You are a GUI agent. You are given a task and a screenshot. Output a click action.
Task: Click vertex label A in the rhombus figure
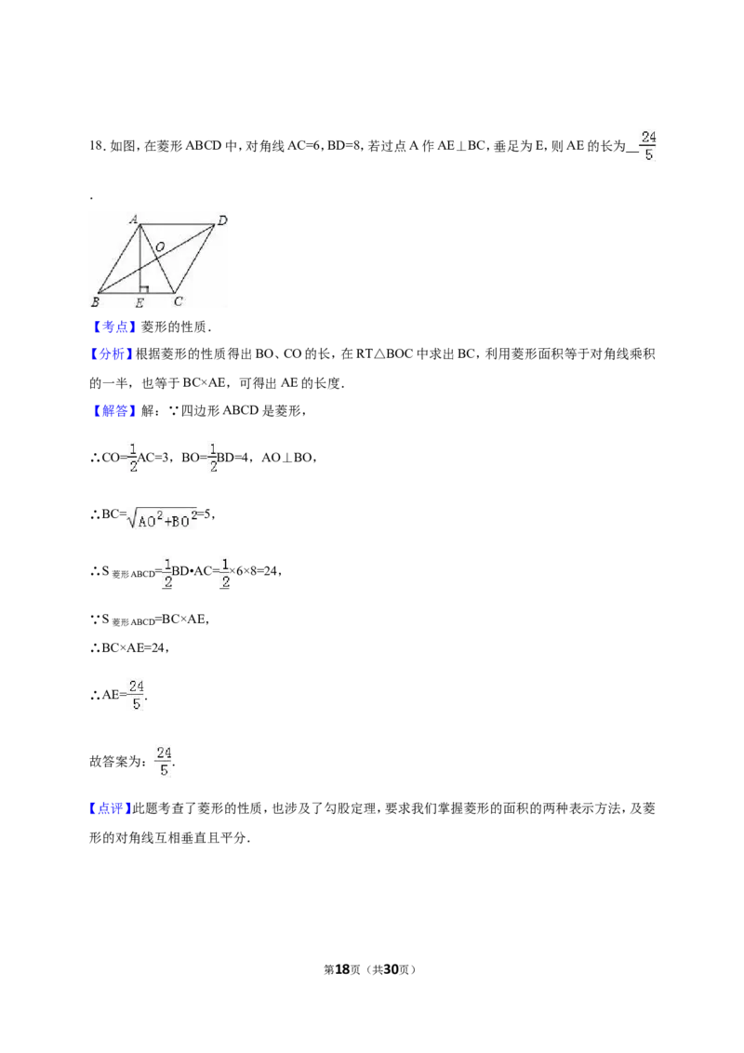pos(134,219)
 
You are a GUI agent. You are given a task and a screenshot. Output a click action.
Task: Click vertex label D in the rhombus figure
pos(222,220)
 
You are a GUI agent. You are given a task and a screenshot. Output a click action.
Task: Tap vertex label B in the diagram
pos(96,301)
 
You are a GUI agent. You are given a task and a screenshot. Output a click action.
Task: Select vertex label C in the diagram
pos(179,301)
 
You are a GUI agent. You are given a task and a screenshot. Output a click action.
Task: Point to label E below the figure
pos(139,303)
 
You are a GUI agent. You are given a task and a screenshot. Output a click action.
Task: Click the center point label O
pos(160,247)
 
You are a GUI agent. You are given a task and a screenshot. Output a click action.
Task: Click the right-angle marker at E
pos(144,289)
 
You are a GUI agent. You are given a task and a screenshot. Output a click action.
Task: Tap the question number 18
pos(96,146)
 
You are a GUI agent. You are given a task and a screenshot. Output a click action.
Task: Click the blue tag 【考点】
pos(113,327)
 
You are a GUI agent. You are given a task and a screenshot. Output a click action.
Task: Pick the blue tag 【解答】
pos(113,410)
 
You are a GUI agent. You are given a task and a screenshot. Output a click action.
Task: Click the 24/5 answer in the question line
pos(648,146)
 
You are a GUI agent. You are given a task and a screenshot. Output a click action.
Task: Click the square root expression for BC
pos(161,517)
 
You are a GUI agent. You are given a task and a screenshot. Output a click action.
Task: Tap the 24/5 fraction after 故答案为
pos(164,762)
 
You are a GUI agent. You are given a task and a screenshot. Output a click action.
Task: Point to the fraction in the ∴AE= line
pos(137,695)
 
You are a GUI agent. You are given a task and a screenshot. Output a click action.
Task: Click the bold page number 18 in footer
pos(342,969)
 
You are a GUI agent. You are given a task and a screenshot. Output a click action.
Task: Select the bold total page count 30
pos(391,969)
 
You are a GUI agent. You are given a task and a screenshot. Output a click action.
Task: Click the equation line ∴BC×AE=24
pos(129,648)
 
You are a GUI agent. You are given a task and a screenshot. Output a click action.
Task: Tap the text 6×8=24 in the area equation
pos(257,571)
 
